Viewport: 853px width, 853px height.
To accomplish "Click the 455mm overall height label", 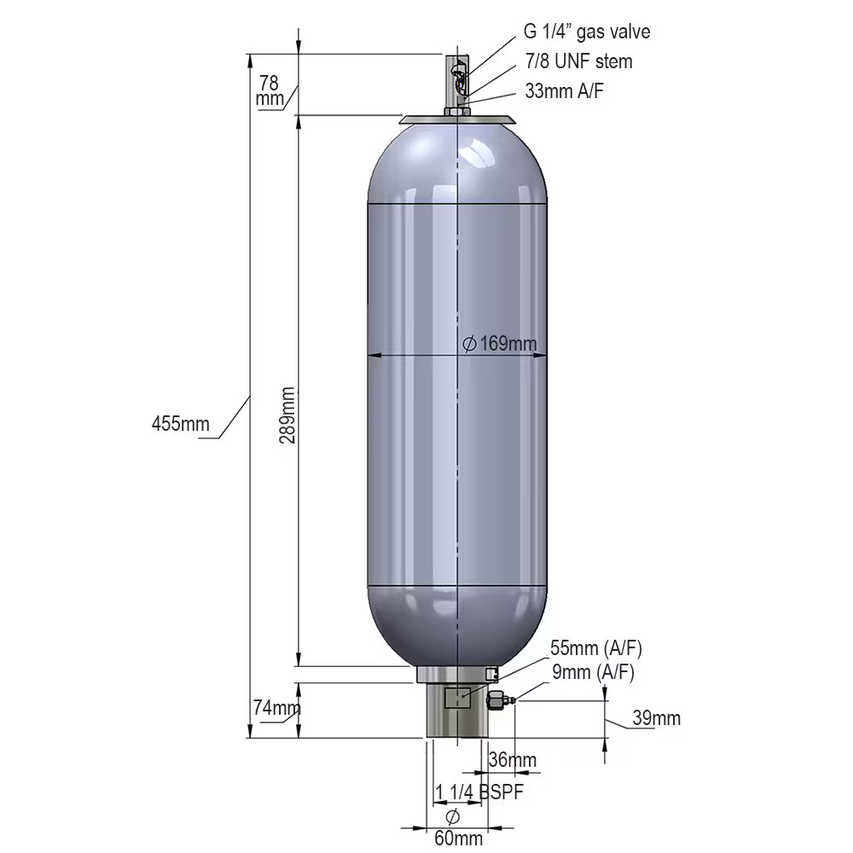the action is click(180, 423).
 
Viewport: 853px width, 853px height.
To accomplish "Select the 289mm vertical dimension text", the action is click(287, 415).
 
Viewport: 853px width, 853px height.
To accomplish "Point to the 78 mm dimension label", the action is click(270, 90).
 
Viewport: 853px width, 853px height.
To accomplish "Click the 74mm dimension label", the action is click(277, 708).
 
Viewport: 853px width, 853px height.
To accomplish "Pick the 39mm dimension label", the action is click(656, 718).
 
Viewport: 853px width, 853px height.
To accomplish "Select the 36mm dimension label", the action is click(513, 759).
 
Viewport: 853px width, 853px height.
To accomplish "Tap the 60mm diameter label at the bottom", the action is click(458, 838).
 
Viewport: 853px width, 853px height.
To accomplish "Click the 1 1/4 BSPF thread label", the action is click(479, 792).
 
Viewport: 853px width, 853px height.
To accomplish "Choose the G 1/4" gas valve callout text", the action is click(587, 32).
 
